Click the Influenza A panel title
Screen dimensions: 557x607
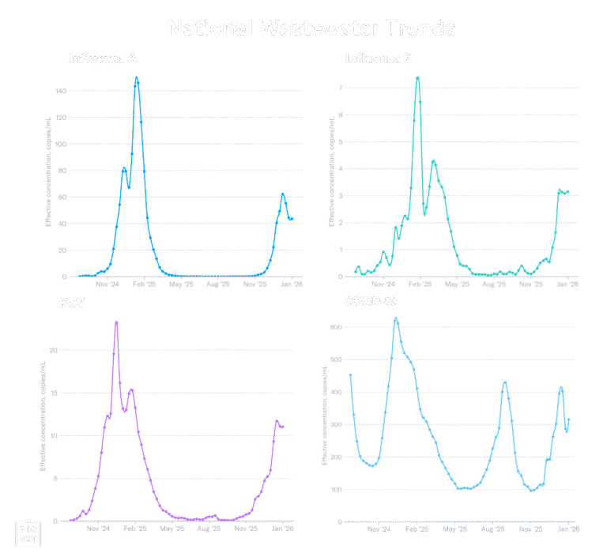coord(103,58)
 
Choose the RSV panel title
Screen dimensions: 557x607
coord(72,303)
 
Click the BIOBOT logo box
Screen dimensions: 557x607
coord(28,534)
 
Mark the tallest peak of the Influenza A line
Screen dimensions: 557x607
coord(137,77)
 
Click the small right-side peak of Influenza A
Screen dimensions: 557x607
coord(283,194)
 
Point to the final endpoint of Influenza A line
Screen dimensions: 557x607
coord(292,219)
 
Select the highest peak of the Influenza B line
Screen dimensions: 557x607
coord(418,77)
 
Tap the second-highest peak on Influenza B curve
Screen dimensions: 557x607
coord(434,161)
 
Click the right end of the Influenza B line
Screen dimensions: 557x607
coord(568,192)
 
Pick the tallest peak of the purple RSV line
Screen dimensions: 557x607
coord(117,322)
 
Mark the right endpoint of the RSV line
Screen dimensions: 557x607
coord(283,427)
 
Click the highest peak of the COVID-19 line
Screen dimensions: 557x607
coord(396,319)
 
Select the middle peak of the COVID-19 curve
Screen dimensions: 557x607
coord(505,383)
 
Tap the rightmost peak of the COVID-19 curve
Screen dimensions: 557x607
coord(560,388)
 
